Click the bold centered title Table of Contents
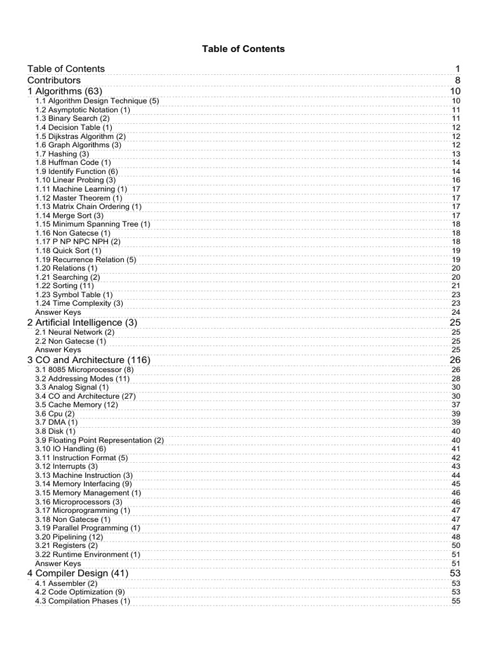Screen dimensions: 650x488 tap(244, 49)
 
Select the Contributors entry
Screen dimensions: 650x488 tap(54, 81)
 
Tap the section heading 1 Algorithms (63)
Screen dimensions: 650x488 tap(64, 92)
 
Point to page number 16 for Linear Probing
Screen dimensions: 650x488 tap(456, 180)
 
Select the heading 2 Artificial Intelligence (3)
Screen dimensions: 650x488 tap(82, 323)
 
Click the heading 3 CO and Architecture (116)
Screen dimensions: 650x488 tap(89, 361)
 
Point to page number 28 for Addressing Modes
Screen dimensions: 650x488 tap(456, 379)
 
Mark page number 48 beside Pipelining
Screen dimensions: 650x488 tap(456, 537)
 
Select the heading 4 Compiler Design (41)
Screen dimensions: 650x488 tap(78, 574)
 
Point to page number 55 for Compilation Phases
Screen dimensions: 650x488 tap(456, 601)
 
